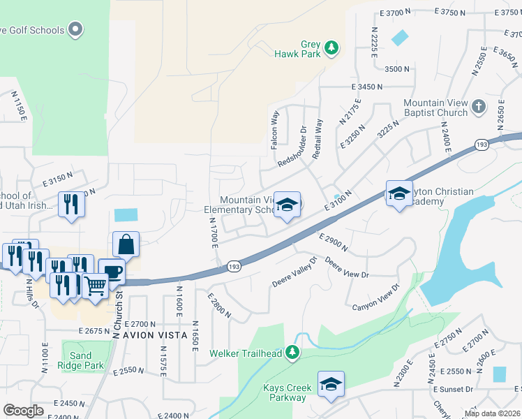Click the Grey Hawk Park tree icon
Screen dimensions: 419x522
pos(333,47)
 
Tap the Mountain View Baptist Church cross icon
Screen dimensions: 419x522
pos(478,107)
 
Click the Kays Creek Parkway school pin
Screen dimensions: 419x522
pos(331,384)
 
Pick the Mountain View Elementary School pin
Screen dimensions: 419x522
pos(286,205)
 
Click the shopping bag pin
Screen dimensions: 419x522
pos(126,244)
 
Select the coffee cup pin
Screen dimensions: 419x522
pos(111,271)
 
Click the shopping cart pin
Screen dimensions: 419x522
pos(95,284)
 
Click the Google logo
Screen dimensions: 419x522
pos(23,410)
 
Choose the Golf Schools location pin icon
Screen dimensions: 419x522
pos(76,30)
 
